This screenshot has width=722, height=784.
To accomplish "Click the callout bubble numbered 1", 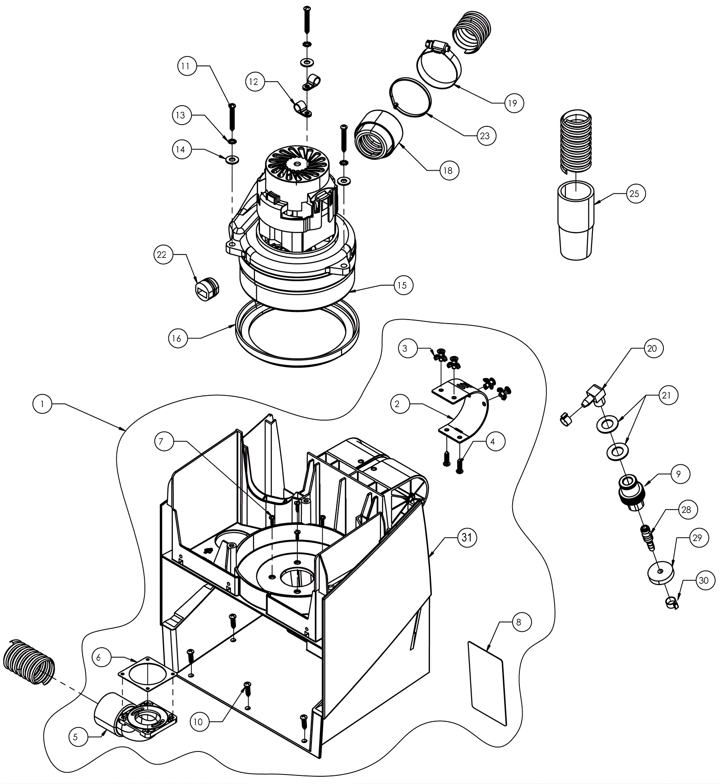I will pyautogui.click(x=42, y=404).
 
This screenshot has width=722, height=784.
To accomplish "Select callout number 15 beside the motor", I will pyautogui.click(x=402, y=285).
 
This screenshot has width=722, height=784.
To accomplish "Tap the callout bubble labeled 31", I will pyautogui.click(x=467, y=537).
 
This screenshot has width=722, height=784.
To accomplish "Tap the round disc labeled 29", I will pyautogui.click(x=660, y=572).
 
